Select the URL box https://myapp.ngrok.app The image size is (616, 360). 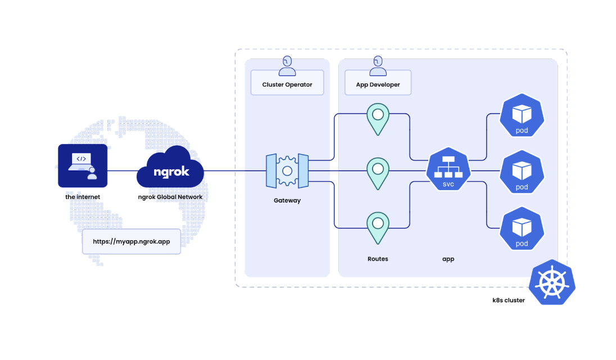click(132, 241)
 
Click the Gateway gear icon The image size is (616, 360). click(287, 170)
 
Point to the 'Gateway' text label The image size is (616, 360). click(287, 200)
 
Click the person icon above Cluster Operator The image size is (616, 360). click(287, 66)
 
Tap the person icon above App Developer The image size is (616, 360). click(378, 66)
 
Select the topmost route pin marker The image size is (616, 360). click(378, 117)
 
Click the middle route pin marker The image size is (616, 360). click(378, 172)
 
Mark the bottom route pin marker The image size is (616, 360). click(378, 226)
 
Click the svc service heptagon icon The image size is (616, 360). click(448, 170)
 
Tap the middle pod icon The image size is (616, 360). click(522, 172)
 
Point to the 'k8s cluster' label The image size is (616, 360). click(508, 300)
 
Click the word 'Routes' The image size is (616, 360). click(378, 259)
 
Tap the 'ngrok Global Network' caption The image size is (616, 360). click(170, 197)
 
